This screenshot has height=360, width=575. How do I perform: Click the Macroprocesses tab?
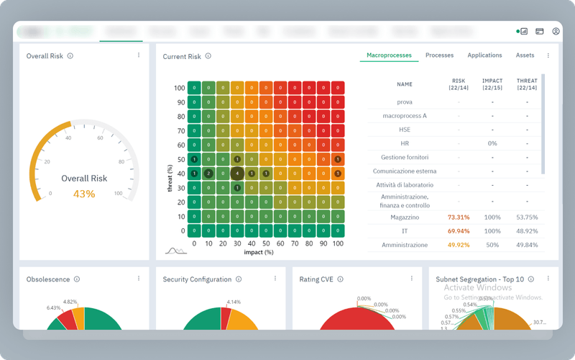389,55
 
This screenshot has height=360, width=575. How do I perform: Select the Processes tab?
439,55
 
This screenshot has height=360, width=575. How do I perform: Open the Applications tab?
484,55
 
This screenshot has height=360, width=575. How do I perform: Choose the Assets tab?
525,55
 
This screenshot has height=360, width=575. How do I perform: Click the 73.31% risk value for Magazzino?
459,217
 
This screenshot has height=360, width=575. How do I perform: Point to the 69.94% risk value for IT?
459,231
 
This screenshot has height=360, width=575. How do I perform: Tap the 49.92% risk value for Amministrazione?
459,246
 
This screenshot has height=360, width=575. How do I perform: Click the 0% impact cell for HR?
492,143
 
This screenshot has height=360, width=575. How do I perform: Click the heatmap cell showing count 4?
237,174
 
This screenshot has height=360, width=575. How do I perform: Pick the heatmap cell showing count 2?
208,174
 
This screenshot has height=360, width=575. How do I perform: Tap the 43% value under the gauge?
84,194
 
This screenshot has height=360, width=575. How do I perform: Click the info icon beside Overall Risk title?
70,55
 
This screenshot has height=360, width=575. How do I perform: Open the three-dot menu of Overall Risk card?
139,55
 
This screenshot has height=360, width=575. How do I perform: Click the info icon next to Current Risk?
208,56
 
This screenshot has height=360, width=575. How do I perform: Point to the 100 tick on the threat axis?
180,88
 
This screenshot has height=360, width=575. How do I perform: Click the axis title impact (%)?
259,253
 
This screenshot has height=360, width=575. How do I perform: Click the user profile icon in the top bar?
556,32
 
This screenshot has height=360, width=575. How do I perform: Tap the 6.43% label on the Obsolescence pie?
54,308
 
